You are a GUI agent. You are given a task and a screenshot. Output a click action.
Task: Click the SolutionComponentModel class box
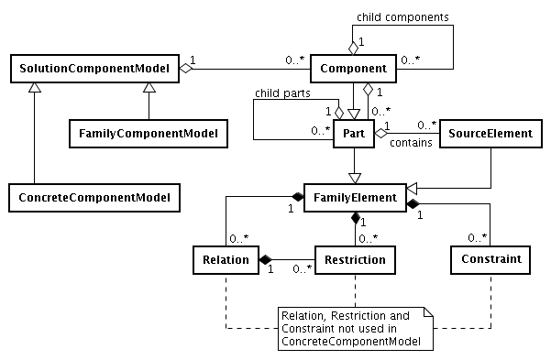(94, 67)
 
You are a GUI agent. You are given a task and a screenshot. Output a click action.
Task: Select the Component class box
(353, 67)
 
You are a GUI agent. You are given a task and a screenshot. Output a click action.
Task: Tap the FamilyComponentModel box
(148, 134)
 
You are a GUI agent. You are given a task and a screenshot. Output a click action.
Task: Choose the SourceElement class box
(489, 134)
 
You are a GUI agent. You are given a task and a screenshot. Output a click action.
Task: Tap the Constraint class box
(489, 260)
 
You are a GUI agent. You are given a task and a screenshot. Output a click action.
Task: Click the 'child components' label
(400, 16)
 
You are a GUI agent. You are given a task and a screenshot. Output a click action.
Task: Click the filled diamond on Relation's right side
(267, 260)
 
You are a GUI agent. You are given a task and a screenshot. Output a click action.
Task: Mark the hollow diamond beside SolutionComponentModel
(186, 67)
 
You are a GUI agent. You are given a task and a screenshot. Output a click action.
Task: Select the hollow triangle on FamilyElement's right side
(413, 197)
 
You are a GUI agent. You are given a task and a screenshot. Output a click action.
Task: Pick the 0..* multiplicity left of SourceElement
(427, 124)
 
